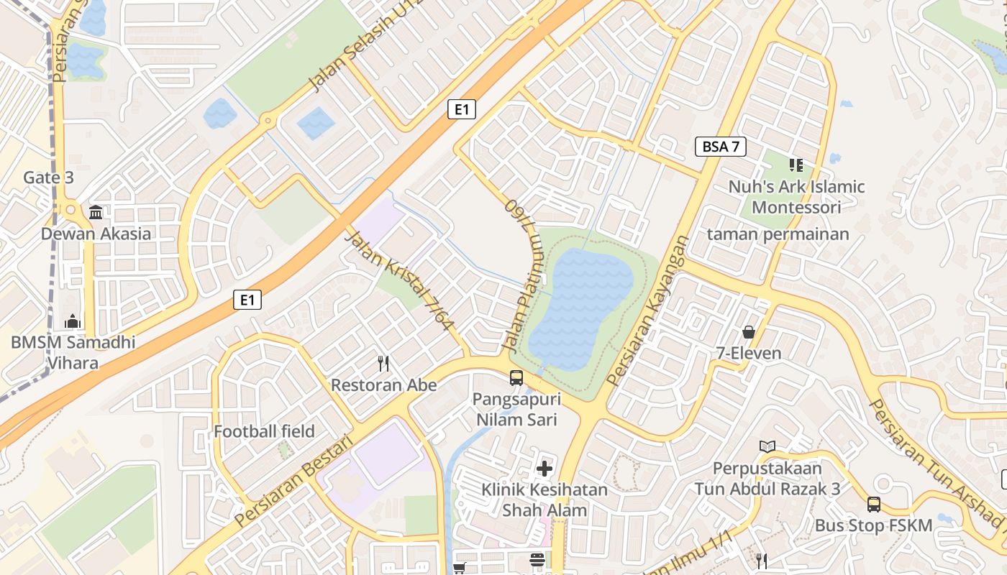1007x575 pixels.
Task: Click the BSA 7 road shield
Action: pos(721,147)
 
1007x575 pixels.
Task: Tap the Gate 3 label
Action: pos(48,178)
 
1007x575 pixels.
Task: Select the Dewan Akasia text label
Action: pos(96,234)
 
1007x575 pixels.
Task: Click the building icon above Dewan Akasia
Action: pos(96,212)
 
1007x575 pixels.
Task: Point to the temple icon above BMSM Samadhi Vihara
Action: pos(73,321)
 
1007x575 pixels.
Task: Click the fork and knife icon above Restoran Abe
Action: pos(383,364)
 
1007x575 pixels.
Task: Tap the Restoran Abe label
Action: pos(383,385)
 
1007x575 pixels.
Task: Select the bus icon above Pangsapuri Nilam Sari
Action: pos(516,377)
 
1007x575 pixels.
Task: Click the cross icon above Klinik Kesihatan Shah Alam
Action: pos(544,469)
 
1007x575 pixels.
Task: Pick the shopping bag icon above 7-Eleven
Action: pos(748,332)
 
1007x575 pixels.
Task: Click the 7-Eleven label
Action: pos(748,353)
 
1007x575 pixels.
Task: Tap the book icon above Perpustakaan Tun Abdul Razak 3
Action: pos(767,446)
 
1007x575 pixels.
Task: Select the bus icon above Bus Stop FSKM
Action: pos(873,504)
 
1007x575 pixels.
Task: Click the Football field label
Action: pos(264,431)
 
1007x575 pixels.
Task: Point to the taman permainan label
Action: pos(778,234)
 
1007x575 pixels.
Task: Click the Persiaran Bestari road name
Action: pos(295,479)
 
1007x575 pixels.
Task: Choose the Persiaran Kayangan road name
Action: pos(648,310)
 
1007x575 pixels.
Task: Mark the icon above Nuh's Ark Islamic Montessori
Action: pos(796,166)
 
